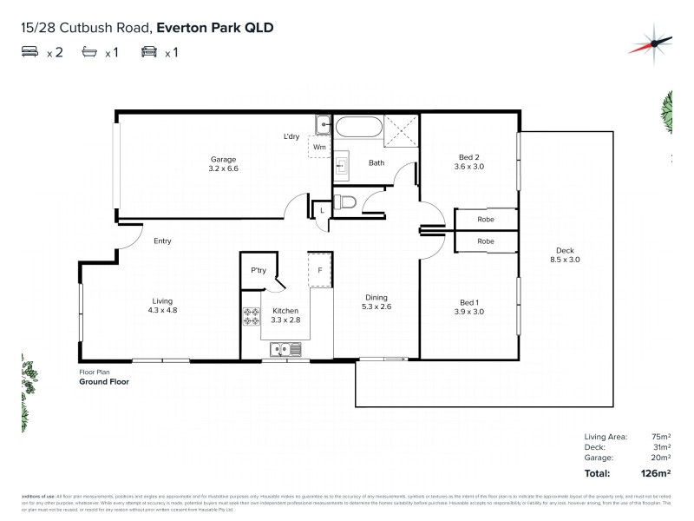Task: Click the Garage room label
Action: coord(223,159)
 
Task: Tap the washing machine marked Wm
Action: coord(319,147)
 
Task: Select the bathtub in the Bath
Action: coord(358,128)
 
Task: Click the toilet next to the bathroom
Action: coord(346,204)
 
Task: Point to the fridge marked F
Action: coord(320,270)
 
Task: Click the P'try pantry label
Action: coord(258,271)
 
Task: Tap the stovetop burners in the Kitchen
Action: coord(252,318)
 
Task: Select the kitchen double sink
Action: coord(285,350)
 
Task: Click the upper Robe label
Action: coord(486,221)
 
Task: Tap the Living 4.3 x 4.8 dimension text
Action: coord(160,311)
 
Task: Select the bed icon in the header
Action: coord(29,52)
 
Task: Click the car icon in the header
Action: coord(148,52)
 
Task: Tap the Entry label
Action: coord(162,241)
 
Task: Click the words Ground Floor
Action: coord(104,381)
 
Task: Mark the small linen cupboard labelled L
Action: coord(322,211)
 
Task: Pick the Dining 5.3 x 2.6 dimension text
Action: coord(379,306)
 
